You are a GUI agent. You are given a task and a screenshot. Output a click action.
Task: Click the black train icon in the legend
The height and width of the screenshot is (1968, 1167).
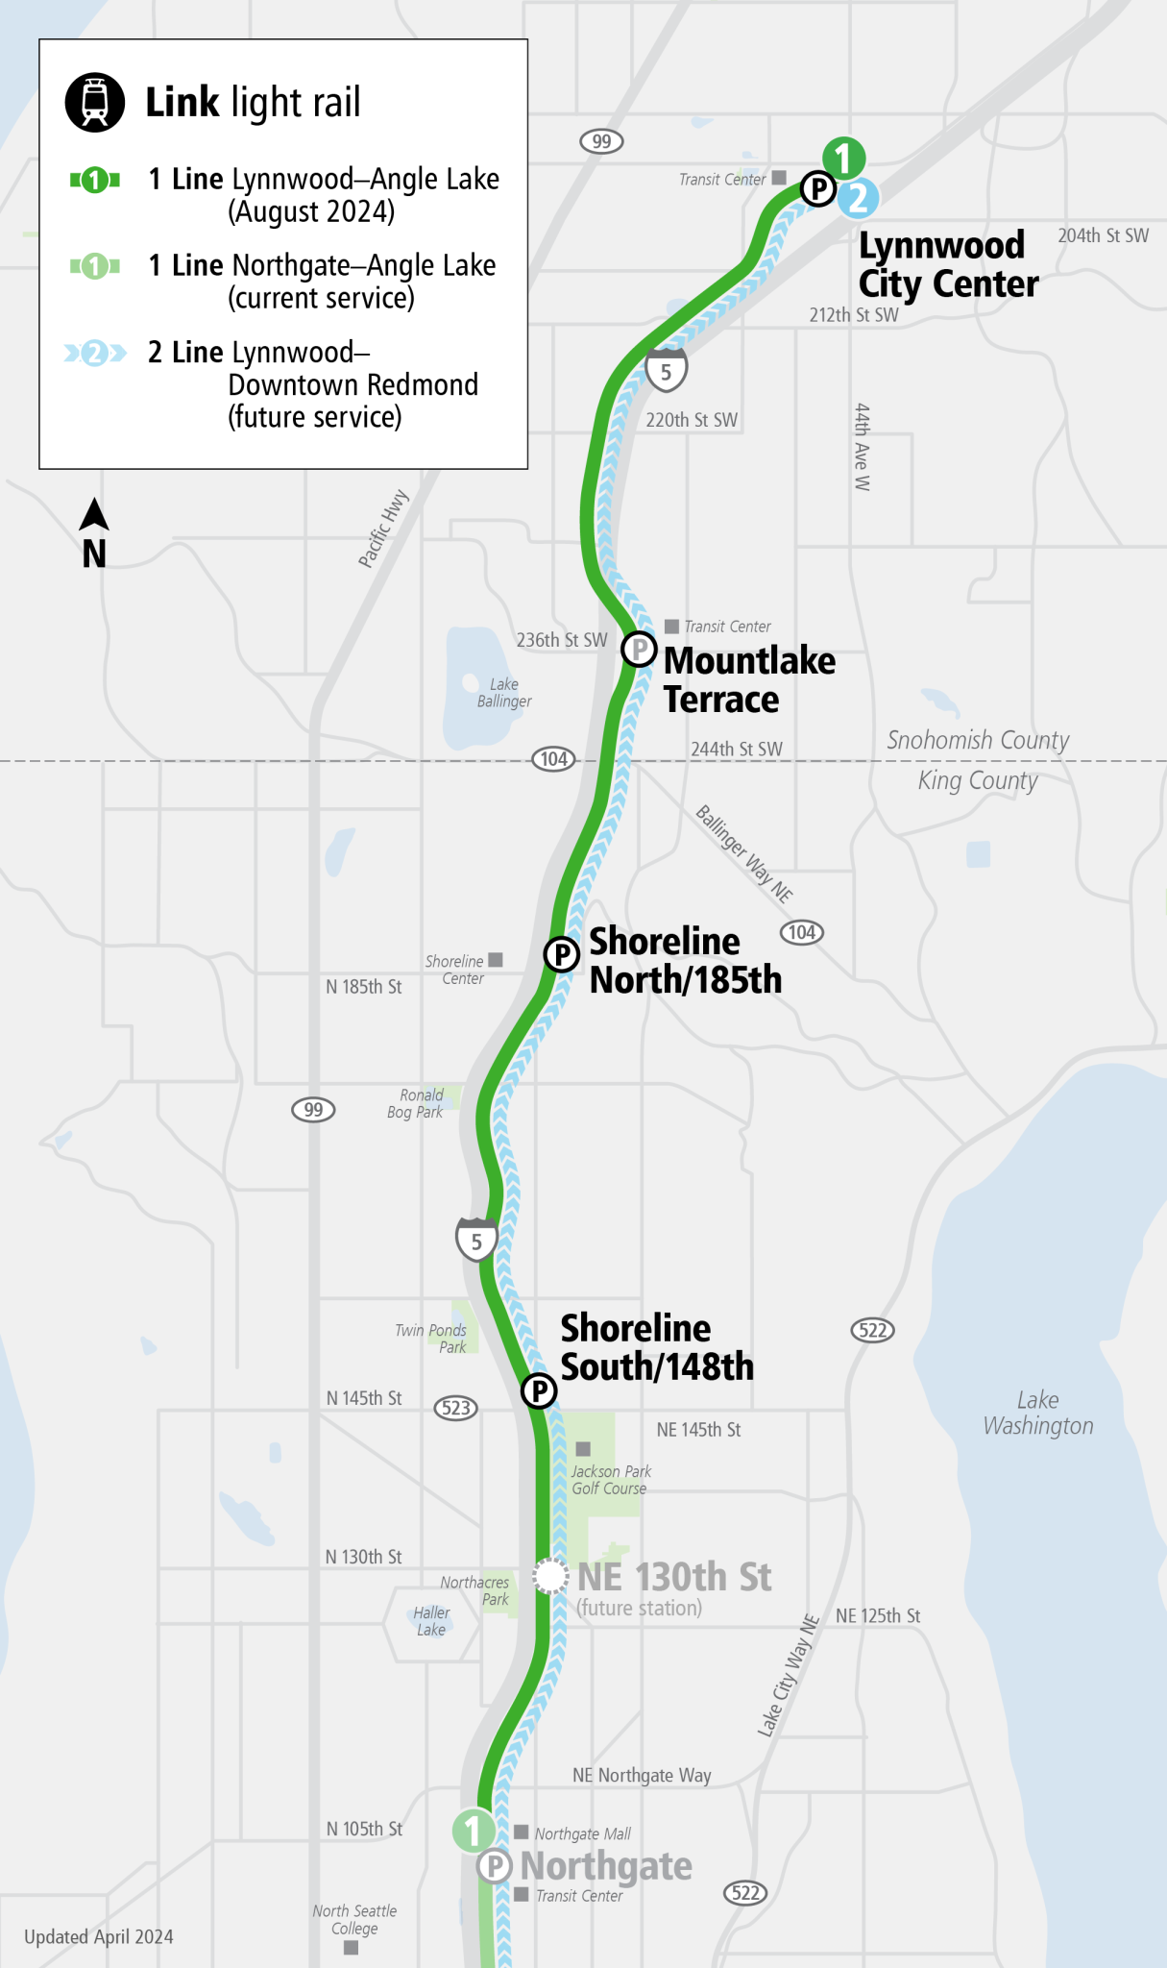[95, 102]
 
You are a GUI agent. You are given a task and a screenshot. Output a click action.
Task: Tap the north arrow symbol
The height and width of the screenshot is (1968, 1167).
[94, 516]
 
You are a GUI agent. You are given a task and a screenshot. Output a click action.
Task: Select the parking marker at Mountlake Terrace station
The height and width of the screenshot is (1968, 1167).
[639, 649]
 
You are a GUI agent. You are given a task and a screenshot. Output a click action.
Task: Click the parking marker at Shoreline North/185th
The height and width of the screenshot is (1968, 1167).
[562, 954]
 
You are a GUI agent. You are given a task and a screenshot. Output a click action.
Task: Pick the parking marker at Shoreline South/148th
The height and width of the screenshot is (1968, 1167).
[539, 1390]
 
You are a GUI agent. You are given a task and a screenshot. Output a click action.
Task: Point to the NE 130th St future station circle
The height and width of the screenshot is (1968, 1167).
[550, 1576]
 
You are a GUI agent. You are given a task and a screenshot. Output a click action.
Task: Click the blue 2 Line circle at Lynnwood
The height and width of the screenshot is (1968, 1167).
[858, 198]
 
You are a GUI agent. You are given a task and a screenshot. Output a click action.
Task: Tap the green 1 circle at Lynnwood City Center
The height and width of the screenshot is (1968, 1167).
[843, 158]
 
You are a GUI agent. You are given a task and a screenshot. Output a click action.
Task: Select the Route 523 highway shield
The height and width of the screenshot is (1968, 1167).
[456, 1408]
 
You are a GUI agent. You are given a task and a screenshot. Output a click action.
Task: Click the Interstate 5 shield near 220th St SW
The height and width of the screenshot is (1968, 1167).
[666, 371]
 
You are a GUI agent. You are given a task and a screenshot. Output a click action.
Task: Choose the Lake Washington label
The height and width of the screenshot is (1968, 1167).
[1038, 1413]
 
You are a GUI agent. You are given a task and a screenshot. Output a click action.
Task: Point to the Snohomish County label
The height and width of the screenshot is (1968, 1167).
[978, 740]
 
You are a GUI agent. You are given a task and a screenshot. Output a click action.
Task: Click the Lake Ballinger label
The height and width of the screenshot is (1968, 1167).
[504, 693]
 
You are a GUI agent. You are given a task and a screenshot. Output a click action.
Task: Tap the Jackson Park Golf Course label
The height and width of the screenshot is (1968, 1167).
[611, 1480]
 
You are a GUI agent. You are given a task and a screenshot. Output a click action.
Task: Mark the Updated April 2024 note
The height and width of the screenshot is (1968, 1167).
[99, 1936]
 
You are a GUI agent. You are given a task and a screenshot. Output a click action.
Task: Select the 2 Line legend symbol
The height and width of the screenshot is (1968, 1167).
[94, 354]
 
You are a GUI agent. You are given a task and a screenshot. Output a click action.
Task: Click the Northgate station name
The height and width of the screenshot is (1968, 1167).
[606, 1865]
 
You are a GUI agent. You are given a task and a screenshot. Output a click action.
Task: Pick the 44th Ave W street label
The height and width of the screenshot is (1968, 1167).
[863, 447]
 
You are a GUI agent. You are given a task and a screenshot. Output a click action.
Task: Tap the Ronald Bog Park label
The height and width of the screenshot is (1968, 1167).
[415, 1103]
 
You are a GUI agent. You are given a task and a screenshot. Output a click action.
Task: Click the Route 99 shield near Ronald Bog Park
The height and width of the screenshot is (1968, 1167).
[313, 1110]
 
